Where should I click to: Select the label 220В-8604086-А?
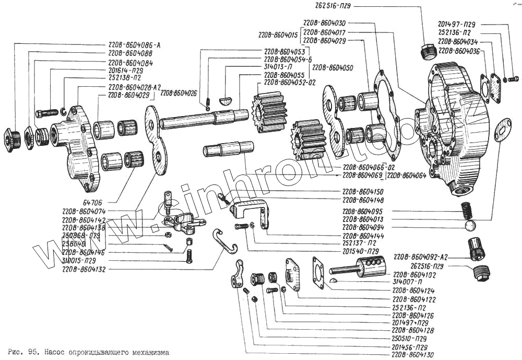[x=134, y=45]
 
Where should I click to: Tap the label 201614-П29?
[x=126, y=69]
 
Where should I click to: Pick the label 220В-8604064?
[x=407, y=175]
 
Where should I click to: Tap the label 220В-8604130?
[x=413, y=354]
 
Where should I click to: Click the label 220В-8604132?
[x=84, y=269]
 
